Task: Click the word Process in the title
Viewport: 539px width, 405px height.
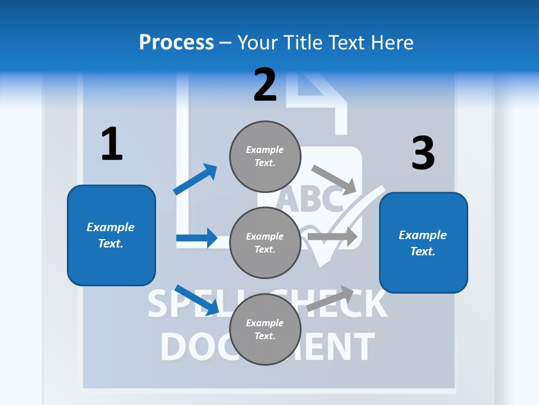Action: (x=176, y=42)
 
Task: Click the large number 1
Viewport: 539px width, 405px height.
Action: (x=112, y=144)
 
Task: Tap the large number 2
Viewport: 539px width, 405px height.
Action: (x=265, y=84)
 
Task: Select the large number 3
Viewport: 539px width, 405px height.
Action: (x=423, y=154)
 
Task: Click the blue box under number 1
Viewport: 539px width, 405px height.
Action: (x=111, y=235)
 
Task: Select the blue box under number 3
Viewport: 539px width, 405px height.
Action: (x=423, y=242)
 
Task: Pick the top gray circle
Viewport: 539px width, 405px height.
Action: (x=265, y=156)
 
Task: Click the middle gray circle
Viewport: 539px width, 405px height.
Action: (x=265, y=242)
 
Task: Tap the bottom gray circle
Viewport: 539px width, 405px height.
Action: (x=265, y=329)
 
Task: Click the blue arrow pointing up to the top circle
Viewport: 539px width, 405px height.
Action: (x=195, y=179)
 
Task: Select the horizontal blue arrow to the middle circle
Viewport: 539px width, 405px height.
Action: (x=197, y=238)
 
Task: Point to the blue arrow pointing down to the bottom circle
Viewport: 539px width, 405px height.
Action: (x=197, y=300)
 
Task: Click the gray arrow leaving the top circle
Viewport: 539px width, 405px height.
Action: (x=334, y=179)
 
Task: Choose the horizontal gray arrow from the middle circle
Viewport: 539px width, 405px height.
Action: (x=332, y=236)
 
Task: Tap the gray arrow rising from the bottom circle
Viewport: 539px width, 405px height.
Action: (x=331, y=298)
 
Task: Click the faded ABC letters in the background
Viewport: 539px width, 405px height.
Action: (x=310, y=198)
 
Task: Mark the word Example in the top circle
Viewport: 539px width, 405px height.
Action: (x=265, y=150)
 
